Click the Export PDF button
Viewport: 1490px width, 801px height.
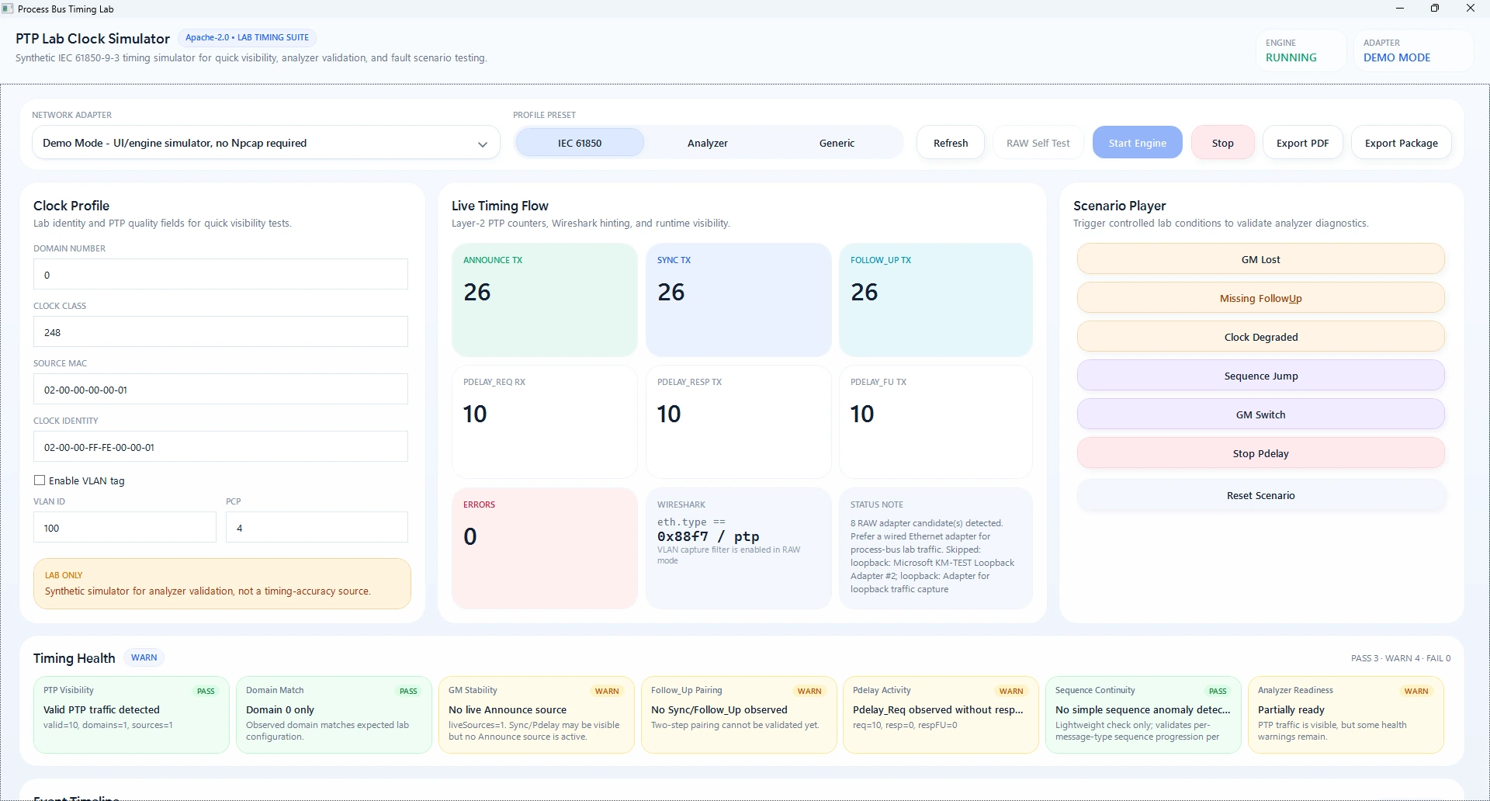coord(1302,143)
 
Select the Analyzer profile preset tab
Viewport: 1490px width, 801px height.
coord(708,143)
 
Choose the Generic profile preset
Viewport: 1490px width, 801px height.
coord(837,143)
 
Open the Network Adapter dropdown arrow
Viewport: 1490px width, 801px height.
coord(483,144)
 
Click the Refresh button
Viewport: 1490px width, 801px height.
coord(951,143)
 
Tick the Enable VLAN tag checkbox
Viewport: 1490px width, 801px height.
coord(40,480)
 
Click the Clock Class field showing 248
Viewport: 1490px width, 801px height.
coord(220,331)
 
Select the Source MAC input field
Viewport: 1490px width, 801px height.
coord(220,389)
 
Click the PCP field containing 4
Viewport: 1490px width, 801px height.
coord(317,527)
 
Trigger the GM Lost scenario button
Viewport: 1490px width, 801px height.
coord(1260,259)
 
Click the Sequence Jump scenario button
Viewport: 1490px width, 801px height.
coord(1260,376)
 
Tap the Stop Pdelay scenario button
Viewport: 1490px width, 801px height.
coord(1260,453)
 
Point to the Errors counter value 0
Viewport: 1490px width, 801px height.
coord(470,536)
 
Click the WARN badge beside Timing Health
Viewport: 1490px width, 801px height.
coord(144,657)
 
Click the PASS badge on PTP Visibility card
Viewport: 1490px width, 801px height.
coord(206,691)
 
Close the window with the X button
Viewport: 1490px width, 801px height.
coord(1470,9)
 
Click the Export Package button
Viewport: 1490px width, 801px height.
coord(1401,143)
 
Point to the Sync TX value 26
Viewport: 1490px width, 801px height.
coord(671,292)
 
